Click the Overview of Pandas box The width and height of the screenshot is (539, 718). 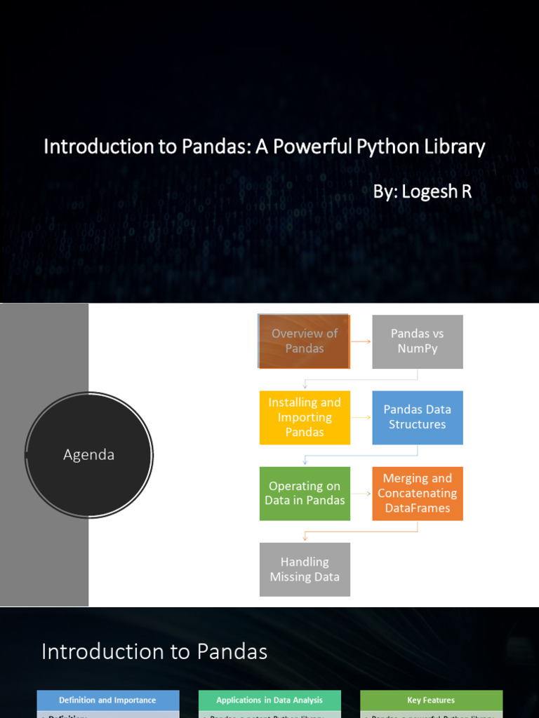(x=304, y=341)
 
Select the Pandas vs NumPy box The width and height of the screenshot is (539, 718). (x=418, y=341)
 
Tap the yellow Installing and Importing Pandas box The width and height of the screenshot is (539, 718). (x=305, y=417)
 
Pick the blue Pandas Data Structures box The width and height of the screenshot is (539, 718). (x=418, y=417)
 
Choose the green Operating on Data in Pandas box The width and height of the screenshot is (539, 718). (x=305, y=493)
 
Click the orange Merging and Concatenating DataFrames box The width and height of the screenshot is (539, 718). (x=418, y=493)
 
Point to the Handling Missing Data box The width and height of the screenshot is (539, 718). (x=305, y=569)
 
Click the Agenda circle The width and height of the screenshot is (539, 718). (x=89, y=455)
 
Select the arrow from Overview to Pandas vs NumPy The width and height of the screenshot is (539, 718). (x=361, y=341)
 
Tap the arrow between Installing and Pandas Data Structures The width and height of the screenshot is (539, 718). (x=361, y=417)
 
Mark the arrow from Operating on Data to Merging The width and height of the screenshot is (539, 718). (x=361, y=493)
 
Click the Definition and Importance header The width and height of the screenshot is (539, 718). (x=108, y=700)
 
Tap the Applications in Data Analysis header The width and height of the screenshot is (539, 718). (x=269, y=700)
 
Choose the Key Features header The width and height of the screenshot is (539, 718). (x=431, y=700)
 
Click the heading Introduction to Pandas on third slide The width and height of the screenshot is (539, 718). (x=154, y=651)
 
